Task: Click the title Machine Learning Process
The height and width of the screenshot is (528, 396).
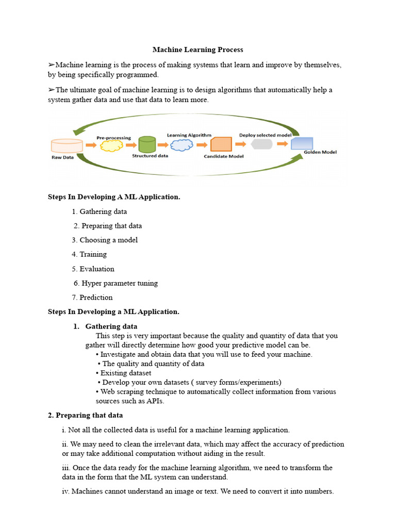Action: [x=197, y=50]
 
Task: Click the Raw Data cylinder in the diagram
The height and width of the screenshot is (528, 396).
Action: [x=67, y=145]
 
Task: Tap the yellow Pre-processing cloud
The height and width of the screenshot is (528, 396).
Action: [x=111, y=146]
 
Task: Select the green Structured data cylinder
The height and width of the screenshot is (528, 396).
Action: [x=147, y=144]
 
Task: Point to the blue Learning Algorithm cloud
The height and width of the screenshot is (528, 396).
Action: [x=181, y=144]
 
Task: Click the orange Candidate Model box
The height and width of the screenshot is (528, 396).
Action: [x=221, y=144]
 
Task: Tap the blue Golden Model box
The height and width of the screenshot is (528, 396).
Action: [x=302, y=143]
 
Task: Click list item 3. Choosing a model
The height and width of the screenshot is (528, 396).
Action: [x=105, y=240]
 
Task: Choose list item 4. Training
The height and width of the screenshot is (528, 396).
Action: [x=89, y=254]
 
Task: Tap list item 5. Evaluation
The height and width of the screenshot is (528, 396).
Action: [x=93, y=269]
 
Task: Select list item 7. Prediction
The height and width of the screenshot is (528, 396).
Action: [x=92, y=298]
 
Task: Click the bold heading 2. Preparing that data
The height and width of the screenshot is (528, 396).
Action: [x=85, y=415]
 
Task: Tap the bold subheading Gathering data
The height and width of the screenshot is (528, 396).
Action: [x=111, y=326]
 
